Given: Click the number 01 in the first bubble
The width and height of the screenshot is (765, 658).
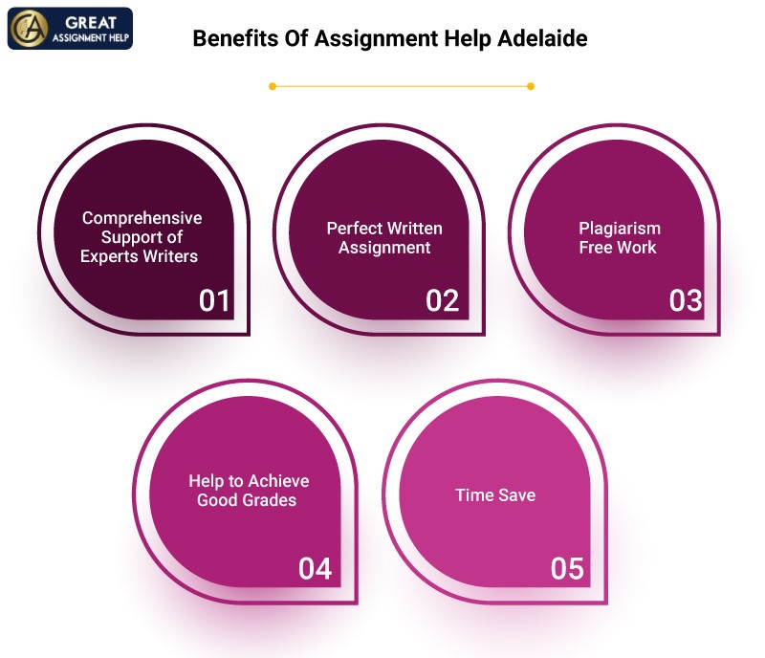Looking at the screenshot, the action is tap(213, 300).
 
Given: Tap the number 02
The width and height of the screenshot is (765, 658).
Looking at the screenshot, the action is tap(442, 300).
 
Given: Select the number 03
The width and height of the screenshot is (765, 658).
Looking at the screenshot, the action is tap(686, 300).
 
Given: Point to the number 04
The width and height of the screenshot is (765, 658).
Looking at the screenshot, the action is tap(316, 569).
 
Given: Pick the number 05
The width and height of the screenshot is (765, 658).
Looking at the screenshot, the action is tap(567, 569).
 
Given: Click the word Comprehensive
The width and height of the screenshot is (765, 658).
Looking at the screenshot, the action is tap(142, 219).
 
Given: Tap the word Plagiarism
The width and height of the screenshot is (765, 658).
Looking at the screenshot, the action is tap(620, 229).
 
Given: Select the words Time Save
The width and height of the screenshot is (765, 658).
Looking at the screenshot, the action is tap(495, 495).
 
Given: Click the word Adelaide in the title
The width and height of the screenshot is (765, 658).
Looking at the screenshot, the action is tap(542, 38).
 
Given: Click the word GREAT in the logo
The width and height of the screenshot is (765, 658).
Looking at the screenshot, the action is tap(91, 22).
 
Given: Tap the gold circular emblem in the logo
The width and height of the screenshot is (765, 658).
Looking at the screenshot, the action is tap(31, 29).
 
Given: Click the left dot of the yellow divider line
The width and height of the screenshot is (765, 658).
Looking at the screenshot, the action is tap(273, 86).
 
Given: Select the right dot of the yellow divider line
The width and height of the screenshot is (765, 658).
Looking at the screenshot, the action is tap(531, 86).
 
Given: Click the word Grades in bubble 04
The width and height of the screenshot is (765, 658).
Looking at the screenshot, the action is tap(270, 500).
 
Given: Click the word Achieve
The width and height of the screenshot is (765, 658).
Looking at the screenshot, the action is tap(278, 481).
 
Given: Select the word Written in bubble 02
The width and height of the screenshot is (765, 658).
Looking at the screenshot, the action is tap(415, 229).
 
